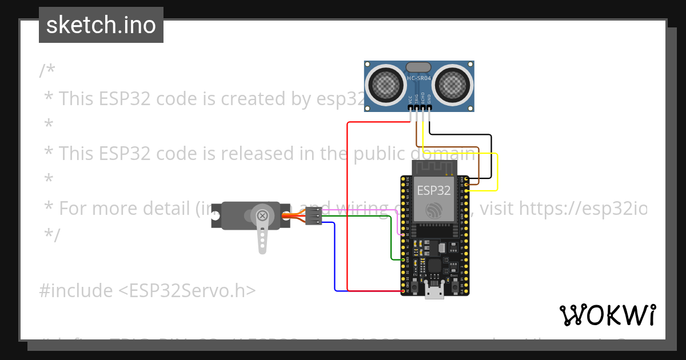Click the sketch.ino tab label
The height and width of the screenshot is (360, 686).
pos(101,25)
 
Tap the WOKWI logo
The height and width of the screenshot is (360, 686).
pos(608,315)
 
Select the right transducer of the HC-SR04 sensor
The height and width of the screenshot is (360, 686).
pos(453,83)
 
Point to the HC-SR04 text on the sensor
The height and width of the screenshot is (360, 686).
pos(419,78)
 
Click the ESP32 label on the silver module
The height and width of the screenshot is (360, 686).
pos(433,190)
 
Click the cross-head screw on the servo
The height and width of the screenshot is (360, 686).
pos(262,215)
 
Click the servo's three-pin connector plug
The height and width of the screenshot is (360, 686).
pos(313,215)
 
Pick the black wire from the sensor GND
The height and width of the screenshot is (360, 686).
pos(490,154)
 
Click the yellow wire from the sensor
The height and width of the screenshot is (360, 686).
pos(497,171)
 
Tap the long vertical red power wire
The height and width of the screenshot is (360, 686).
pos(348,206)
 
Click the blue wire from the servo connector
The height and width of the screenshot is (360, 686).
pos(334,257)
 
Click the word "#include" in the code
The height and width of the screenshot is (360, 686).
pos(76,291)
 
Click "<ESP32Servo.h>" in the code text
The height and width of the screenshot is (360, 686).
pos(187,291)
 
